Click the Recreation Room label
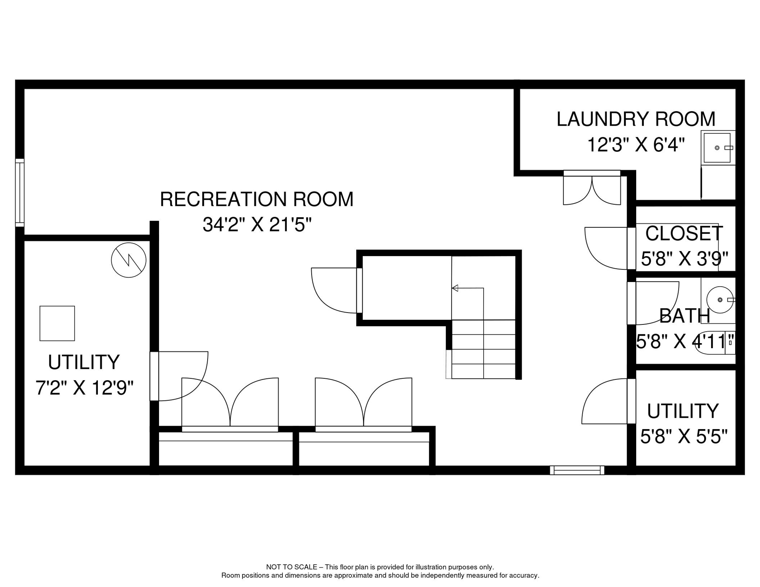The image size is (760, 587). coord(257,199)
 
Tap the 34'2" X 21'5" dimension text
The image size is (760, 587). coord(257,225)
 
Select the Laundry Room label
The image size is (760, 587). coord(636,119)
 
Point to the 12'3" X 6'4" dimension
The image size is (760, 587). coord(635,145)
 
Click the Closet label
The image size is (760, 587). coord(684,234)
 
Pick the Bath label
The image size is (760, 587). coord(685,316)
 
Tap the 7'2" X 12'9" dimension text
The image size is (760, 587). coord(84,388)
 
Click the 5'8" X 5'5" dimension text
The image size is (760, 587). coord(684,436)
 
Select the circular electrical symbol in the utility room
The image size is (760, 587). coord(129,260)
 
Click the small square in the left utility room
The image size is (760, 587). coord(57,323)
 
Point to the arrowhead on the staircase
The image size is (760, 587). coord(455,288)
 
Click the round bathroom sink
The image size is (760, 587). coord(720,300)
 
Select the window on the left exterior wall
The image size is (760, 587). coord(20,193)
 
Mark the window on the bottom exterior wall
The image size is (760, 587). coord(577,470)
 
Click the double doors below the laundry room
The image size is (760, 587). coord(592,188)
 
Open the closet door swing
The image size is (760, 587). coord(606,248)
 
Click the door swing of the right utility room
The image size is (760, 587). coord(604,401)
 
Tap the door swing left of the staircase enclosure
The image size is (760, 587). coord(334,290)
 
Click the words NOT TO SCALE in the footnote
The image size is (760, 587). coord(292,567)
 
